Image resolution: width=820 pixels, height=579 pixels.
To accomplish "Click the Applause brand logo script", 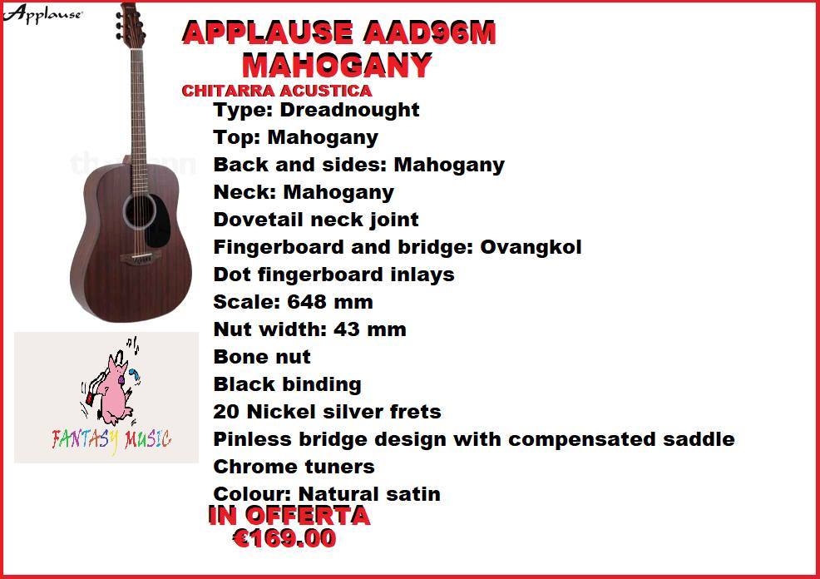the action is pos(42,13).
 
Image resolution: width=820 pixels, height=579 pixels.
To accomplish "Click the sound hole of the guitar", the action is pos(140,211).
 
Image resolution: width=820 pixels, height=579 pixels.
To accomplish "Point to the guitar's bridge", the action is pos(141,257).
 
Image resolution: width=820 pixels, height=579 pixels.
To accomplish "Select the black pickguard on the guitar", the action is pos(159,220).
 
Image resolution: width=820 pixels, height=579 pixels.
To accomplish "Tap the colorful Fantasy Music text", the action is pos(111,440).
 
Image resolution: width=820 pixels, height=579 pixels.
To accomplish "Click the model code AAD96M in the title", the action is pos(429,33).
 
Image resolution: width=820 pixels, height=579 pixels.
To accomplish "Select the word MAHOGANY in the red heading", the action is pos(338,66).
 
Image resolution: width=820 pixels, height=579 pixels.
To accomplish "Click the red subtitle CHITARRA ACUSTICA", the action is pos(277,91).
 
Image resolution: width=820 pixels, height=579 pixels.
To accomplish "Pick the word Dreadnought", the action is pos(350,110).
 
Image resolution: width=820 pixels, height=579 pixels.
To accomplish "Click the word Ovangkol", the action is pos(531,247).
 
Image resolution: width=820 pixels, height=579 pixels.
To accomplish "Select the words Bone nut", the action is pos(262,357).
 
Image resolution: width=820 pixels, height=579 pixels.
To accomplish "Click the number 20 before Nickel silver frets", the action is pos(226,412).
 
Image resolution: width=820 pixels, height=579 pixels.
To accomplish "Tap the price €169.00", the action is pos(284,538).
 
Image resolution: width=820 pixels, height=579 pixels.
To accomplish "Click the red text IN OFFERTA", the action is pos(289,516).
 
